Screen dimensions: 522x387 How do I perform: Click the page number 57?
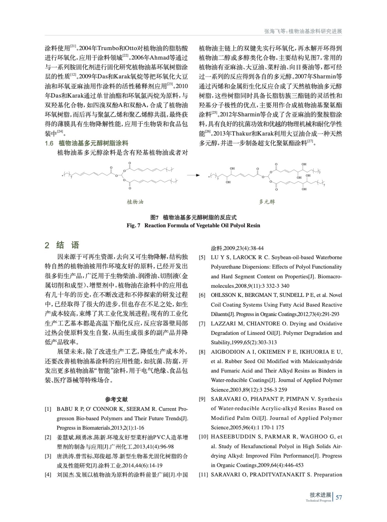[x=339, y=497]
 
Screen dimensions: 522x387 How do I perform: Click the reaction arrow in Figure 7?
[x=193, y=175]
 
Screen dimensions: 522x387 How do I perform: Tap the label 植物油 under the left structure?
[x=135, y=202]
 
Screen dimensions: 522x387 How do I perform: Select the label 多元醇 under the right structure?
[x=267, y=202]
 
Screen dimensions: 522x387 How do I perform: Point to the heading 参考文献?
[x=116, y=399]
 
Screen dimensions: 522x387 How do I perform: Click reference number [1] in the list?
[x=48, y=409]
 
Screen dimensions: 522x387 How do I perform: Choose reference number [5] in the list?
[x=202, y=257]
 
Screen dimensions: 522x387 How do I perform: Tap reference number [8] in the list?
[x=202, y=352]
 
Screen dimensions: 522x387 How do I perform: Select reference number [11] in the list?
[x=203, y=475]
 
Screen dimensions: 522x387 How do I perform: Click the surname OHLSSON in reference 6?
[x=223, y=295]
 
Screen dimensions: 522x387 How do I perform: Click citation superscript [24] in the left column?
[x=60, y=131]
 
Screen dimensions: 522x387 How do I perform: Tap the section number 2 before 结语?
[x=47, y=245]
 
